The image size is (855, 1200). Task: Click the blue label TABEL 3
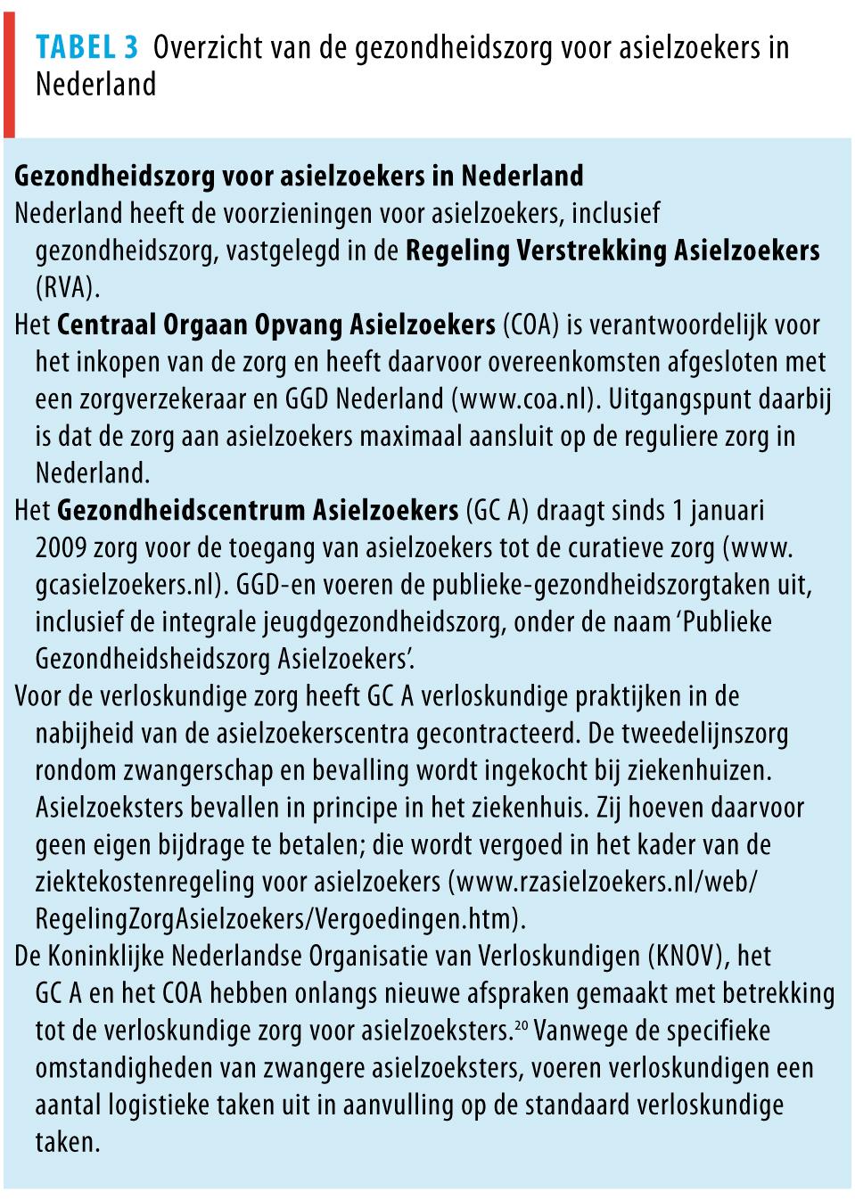(x=86, y=47)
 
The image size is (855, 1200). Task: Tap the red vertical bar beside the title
(x=9, y=69)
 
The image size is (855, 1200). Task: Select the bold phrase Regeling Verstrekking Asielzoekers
(x=612, y=251)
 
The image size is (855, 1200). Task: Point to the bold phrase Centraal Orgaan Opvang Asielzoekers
(x=275, y=325)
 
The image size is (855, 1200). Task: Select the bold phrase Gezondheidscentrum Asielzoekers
(x=258, y=511)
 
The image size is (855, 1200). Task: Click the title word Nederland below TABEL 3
(x=96, y=85)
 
